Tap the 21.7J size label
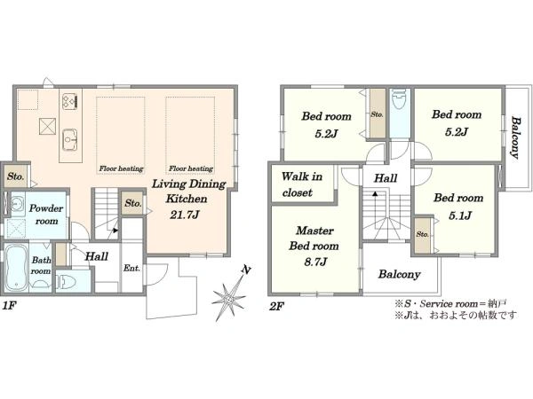tap(184, 215)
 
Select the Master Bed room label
tap(314, 239)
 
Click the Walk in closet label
tap(302, 184)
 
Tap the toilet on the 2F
tap(399, 99)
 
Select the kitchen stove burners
tap(70, 100)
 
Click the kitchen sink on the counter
tap(70, 139)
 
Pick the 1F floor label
tap(10, 306)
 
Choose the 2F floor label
tap(276, 307)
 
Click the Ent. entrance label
tap(131, 268)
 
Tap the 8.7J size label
tap(315, 262)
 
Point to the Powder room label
tap(46, 215)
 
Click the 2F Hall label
tap(386, 178)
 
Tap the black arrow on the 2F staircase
tap(375, 193)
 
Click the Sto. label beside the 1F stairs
tap(133, 203)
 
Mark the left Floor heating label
tap(121, 168)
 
